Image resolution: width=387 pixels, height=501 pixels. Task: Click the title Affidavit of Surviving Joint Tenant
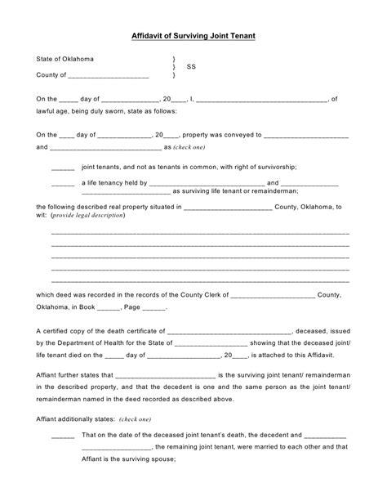(x=193, y=36)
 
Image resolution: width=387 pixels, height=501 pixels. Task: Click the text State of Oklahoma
(x=64, y=60)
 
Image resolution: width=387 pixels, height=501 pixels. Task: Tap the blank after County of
(x=115, y=76)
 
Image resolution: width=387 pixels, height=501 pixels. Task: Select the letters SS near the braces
(x=191, y=68)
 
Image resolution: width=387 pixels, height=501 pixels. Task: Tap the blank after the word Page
(x=154, y=307)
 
